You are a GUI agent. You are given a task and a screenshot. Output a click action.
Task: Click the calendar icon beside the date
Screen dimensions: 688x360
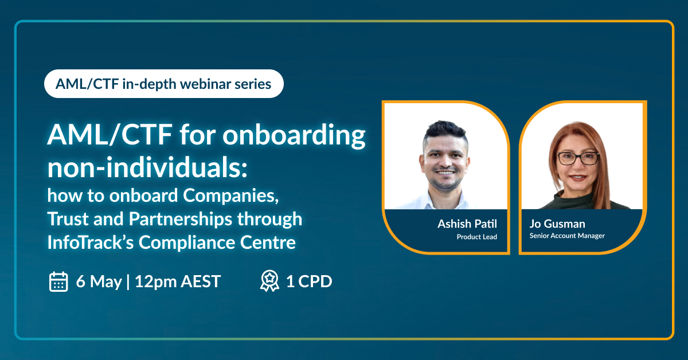(x=58, y=281)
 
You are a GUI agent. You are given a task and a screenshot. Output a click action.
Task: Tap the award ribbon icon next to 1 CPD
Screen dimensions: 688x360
(x=269, y=281)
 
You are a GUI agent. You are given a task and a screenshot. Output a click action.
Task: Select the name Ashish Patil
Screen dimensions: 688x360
(x=467, y=224)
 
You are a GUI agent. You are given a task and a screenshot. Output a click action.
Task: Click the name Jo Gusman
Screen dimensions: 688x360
(x=557, y=224)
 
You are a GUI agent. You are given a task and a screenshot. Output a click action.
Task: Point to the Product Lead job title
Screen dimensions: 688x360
(x=476, y=237)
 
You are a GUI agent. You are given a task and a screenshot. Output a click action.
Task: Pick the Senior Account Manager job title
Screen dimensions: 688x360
(x=567, y=236)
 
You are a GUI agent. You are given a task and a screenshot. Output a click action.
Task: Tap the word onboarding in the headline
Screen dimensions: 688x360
(x=294, y=136)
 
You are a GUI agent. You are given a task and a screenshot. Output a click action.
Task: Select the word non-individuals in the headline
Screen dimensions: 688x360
(x=147, y=168)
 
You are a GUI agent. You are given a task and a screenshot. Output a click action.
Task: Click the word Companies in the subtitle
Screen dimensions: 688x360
(x=230, y=196)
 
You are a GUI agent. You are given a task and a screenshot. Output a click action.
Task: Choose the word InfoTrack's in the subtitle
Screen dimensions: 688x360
(x=91, y=242)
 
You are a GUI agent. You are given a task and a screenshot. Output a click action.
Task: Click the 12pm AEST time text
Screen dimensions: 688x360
(x=178, y=281)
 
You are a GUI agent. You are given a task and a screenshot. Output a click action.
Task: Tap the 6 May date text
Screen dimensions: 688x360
(x=99, y=281)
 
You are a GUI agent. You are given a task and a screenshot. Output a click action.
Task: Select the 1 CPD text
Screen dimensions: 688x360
(x=309, y=281)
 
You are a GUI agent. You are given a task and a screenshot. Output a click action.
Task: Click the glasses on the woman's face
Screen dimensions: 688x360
(x=578, y=158)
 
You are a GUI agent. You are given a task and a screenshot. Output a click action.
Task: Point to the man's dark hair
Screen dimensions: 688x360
(x=445, y=131)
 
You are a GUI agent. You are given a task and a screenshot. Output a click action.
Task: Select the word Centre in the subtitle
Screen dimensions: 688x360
(x=268, y=242)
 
